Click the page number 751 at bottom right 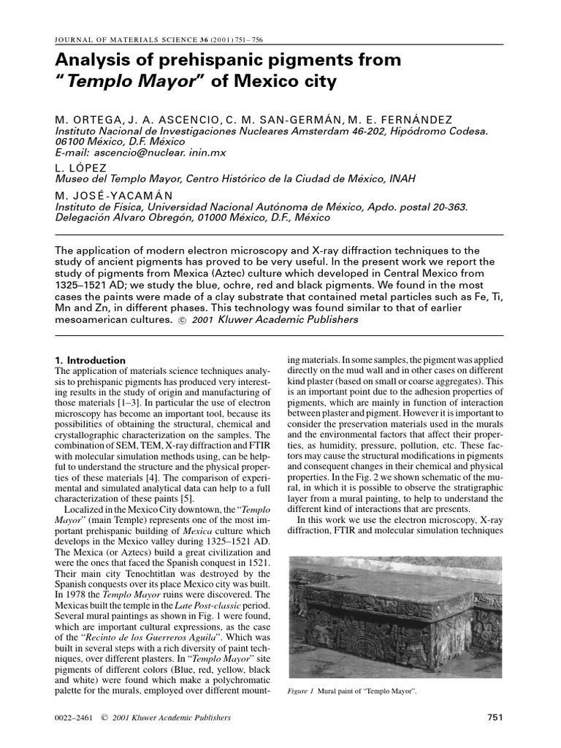495,717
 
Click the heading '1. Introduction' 91,360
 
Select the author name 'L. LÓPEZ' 83,167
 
